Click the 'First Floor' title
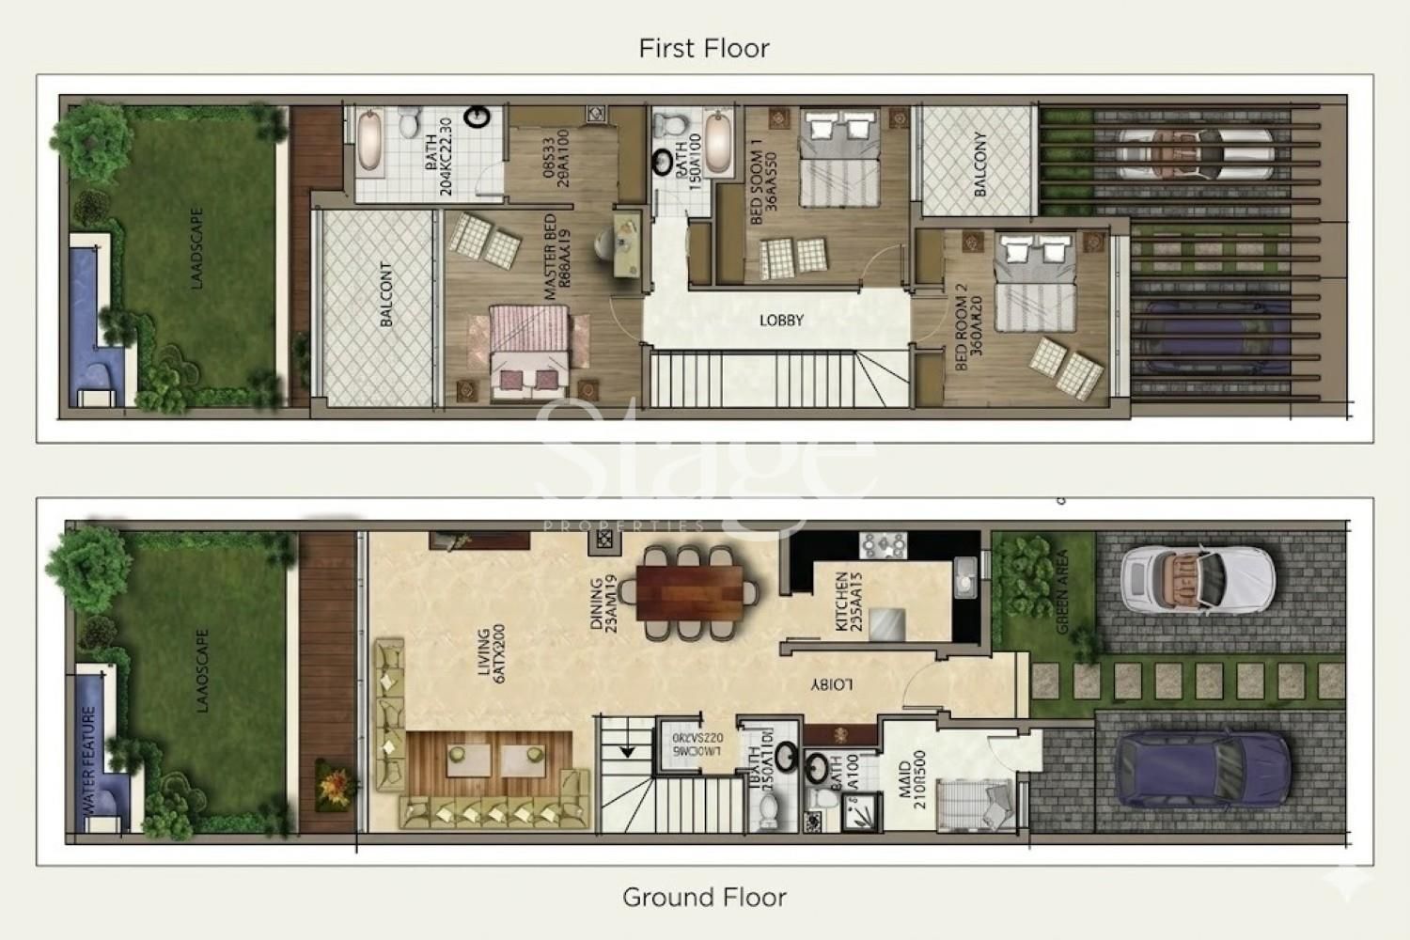point(704,48)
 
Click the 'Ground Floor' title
point(704,898)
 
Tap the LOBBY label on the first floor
point(781,321)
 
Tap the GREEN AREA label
point(1063,591)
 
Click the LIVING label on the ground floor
point(484,652)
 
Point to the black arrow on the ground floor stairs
point(624,751)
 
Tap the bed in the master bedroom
point(529,349)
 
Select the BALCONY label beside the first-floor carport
point(980,164)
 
